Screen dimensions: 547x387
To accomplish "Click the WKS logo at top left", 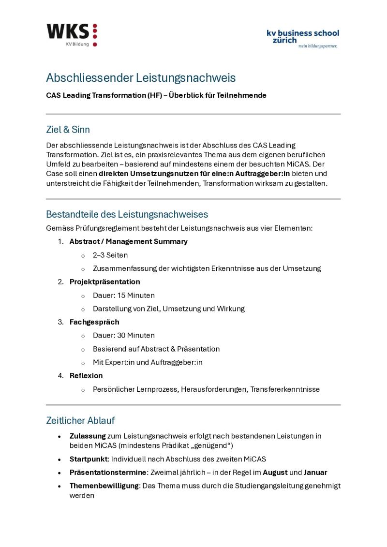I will point(72,34).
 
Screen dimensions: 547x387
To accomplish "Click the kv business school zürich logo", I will point(303,38).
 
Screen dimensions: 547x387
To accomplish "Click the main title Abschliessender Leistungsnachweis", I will point(141,77).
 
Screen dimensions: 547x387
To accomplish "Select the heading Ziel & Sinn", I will point(68,130).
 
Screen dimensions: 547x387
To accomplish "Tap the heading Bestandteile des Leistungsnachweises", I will point(127,214).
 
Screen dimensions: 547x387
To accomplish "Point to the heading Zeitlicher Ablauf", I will point(80,420).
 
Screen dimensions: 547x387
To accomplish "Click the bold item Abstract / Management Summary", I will point(129,241).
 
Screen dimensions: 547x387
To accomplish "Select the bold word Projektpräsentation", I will point(105,281).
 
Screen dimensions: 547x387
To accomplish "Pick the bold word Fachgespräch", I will point(94,322).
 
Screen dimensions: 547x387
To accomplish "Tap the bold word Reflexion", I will point(86,375).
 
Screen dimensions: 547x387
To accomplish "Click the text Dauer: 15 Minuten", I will point(124,295).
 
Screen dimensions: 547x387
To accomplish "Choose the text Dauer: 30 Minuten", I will point(124,335).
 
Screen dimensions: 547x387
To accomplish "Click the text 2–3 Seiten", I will point(110,255).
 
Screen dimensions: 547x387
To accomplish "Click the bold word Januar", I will point(315,472).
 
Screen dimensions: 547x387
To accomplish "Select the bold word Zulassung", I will point(88,436).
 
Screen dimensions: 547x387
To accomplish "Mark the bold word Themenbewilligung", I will point(104,486).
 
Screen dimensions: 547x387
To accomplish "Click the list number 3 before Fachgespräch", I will point(60,322).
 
